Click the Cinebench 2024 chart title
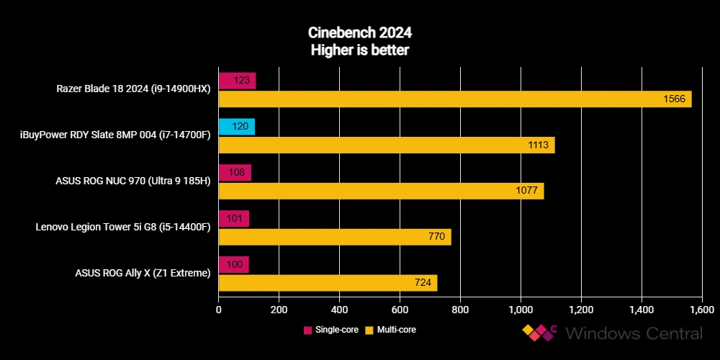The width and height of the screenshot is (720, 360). [x=360, y=33]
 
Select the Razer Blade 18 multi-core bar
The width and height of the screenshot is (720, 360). [x=454, y=99]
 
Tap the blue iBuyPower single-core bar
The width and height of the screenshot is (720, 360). [x=236, y=127]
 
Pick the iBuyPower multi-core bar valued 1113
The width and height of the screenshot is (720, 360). [x=386, y=145]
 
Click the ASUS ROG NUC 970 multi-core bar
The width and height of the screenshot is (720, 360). [x=381, y=191]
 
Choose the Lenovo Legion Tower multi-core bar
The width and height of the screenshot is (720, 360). [x=334, y=237]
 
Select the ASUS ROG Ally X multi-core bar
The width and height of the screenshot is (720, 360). [x=328, y=283]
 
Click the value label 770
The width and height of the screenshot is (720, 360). [x=436, y=237]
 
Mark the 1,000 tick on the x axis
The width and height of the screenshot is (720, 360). [x=520, y=310]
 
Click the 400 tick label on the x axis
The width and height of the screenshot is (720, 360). [x=339, y=310]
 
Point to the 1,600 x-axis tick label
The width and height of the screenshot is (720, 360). [x=701, y=310]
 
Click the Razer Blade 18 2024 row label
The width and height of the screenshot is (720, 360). [x=133, y=89]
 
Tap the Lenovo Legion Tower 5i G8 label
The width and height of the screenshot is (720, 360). [x=122, y=228]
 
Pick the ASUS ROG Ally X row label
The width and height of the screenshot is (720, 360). [x=143, y=274]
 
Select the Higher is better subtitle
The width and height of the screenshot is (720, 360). [x=360, y=50]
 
